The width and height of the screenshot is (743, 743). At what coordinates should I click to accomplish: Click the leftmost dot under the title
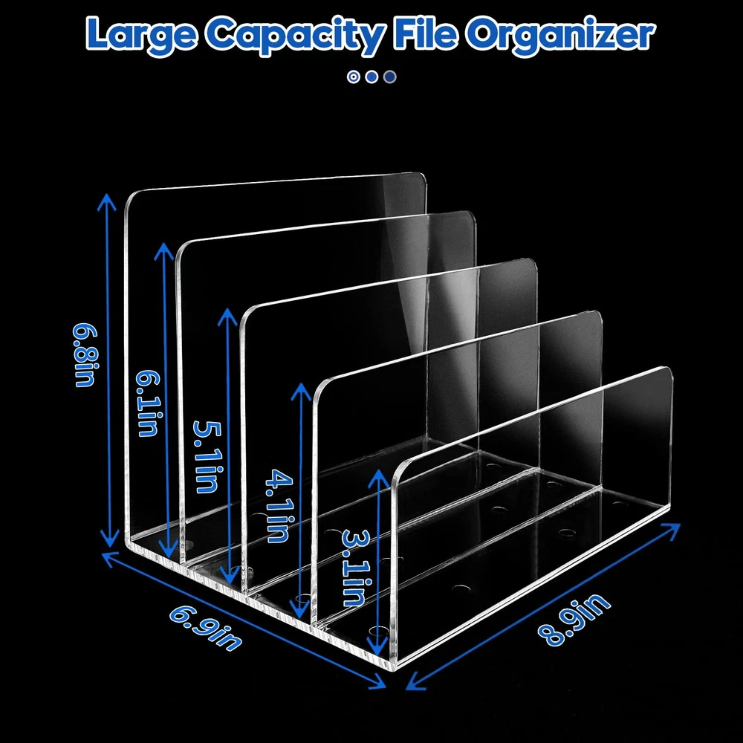coord(354,76)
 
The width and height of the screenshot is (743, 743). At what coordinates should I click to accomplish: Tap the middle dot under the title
coord(371,76)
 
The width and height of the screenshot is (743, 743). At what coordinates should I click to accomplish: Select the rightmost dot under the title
coord(390,76)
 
